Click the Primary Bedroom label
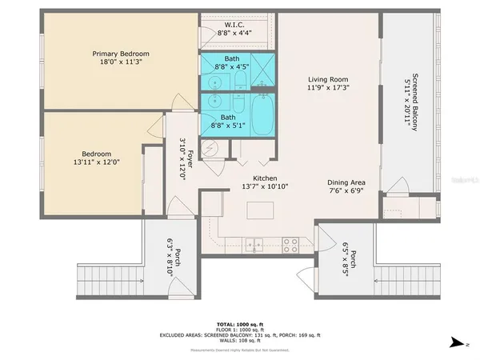coord(120,54)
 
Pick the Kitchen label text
coord(265,178)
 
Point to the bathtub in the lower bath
coord(263,116)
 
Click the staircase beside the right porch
coord(407,282)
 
